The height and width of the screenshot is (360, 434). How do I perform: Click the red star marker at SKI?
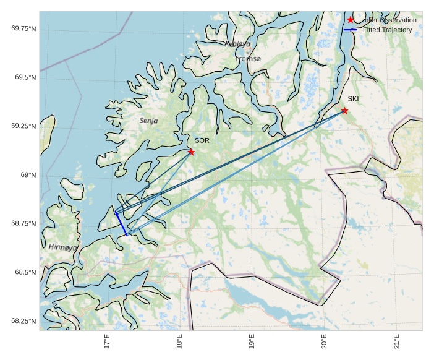[344, 111]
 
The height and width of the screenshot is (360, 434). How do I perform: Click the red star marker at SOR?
[191, 152]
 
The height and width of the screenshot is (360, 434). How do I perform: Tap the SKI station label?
[353, 99]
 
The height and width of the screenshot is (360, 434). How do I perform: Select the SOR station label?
[202, 140]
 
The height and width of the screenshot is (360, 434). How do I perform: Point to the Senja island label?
[148, 121]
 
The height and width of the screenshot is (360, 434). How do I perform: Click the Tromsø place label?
[248, 59]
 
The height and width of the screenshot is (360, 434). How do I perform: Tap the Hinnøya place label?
[63, 247]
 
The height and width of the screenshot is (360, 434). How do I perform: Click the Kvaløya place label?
[238, 44]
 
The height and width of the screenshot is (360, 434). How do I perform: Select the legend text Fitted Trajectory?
[389, 30]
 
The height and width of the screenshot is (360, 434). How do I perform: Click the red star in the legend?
[351, 20]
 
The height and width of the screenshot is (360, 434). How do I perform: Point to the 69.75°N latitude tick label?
[23, 28]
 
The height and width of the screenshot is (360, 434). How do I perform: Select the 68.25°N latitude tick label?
[23, 321]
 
